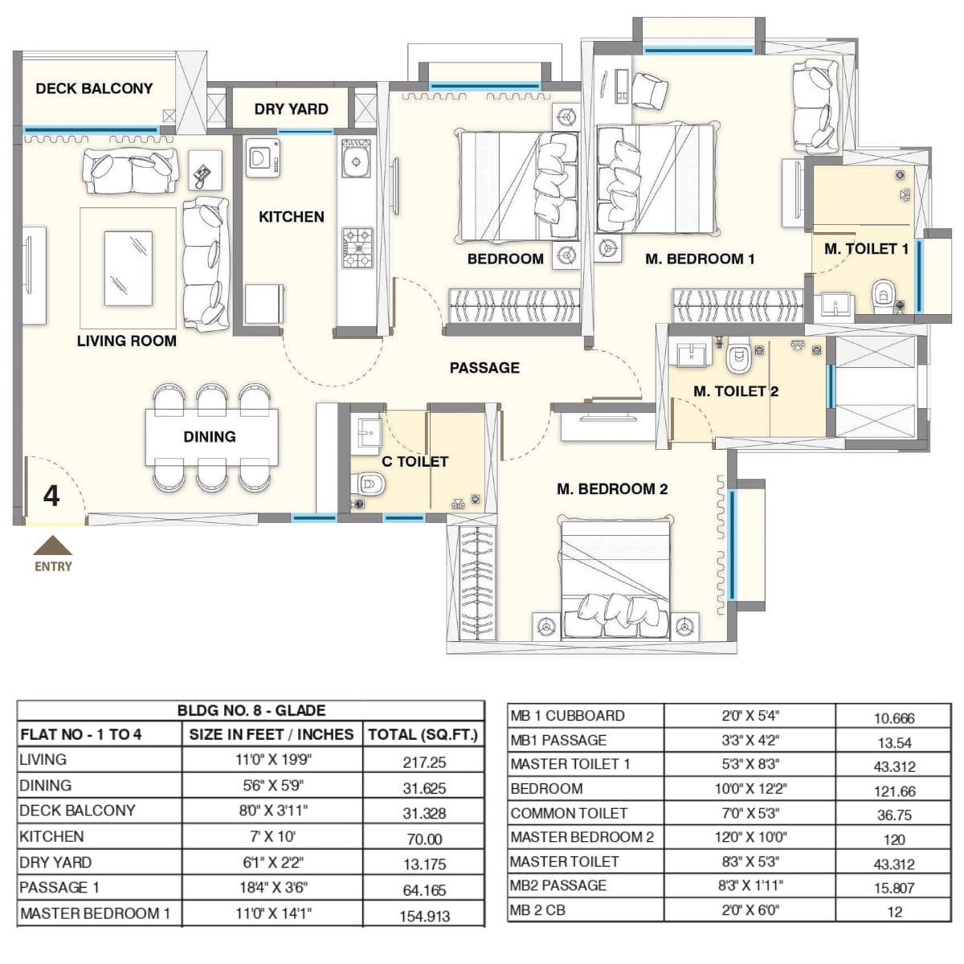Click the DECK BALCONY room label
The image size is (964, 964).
click(94, 88)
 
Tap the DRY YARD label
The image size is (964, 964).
click(291, 109)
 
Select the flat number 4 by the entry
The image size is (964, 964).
click(51, 496)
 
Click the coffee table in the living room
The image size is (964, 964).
click(129, 267)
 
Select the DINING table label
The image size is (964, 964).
click(210, 437)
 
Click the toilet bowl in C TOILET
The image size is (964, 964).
click(370, 484)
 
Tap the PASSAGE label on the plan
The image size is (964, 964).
click(484, 368)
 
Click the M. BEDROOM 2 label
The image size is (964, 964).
click(612, 489)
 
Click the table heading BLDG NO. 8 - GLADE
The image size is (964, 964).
click(251, 711)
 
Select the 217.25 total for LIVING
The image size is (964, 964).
click(424, 762)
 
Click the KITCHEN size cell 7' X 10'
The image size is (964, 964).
click(272, 837)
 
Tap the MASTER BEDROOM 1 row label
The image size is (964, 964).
click(95, 913)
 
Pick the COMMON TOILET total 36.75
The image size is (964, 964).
click(894, 815)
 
